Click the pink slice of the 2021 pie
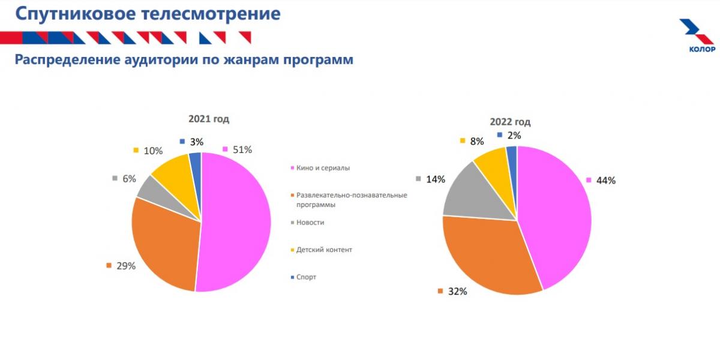(237, 222)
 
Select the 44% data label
(606, 180)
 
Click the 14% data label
(436, 179)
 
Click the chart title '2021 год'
(208, 119)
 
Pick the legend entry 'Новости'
(310, 223)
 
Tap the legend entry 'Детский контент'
(324, 250)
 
